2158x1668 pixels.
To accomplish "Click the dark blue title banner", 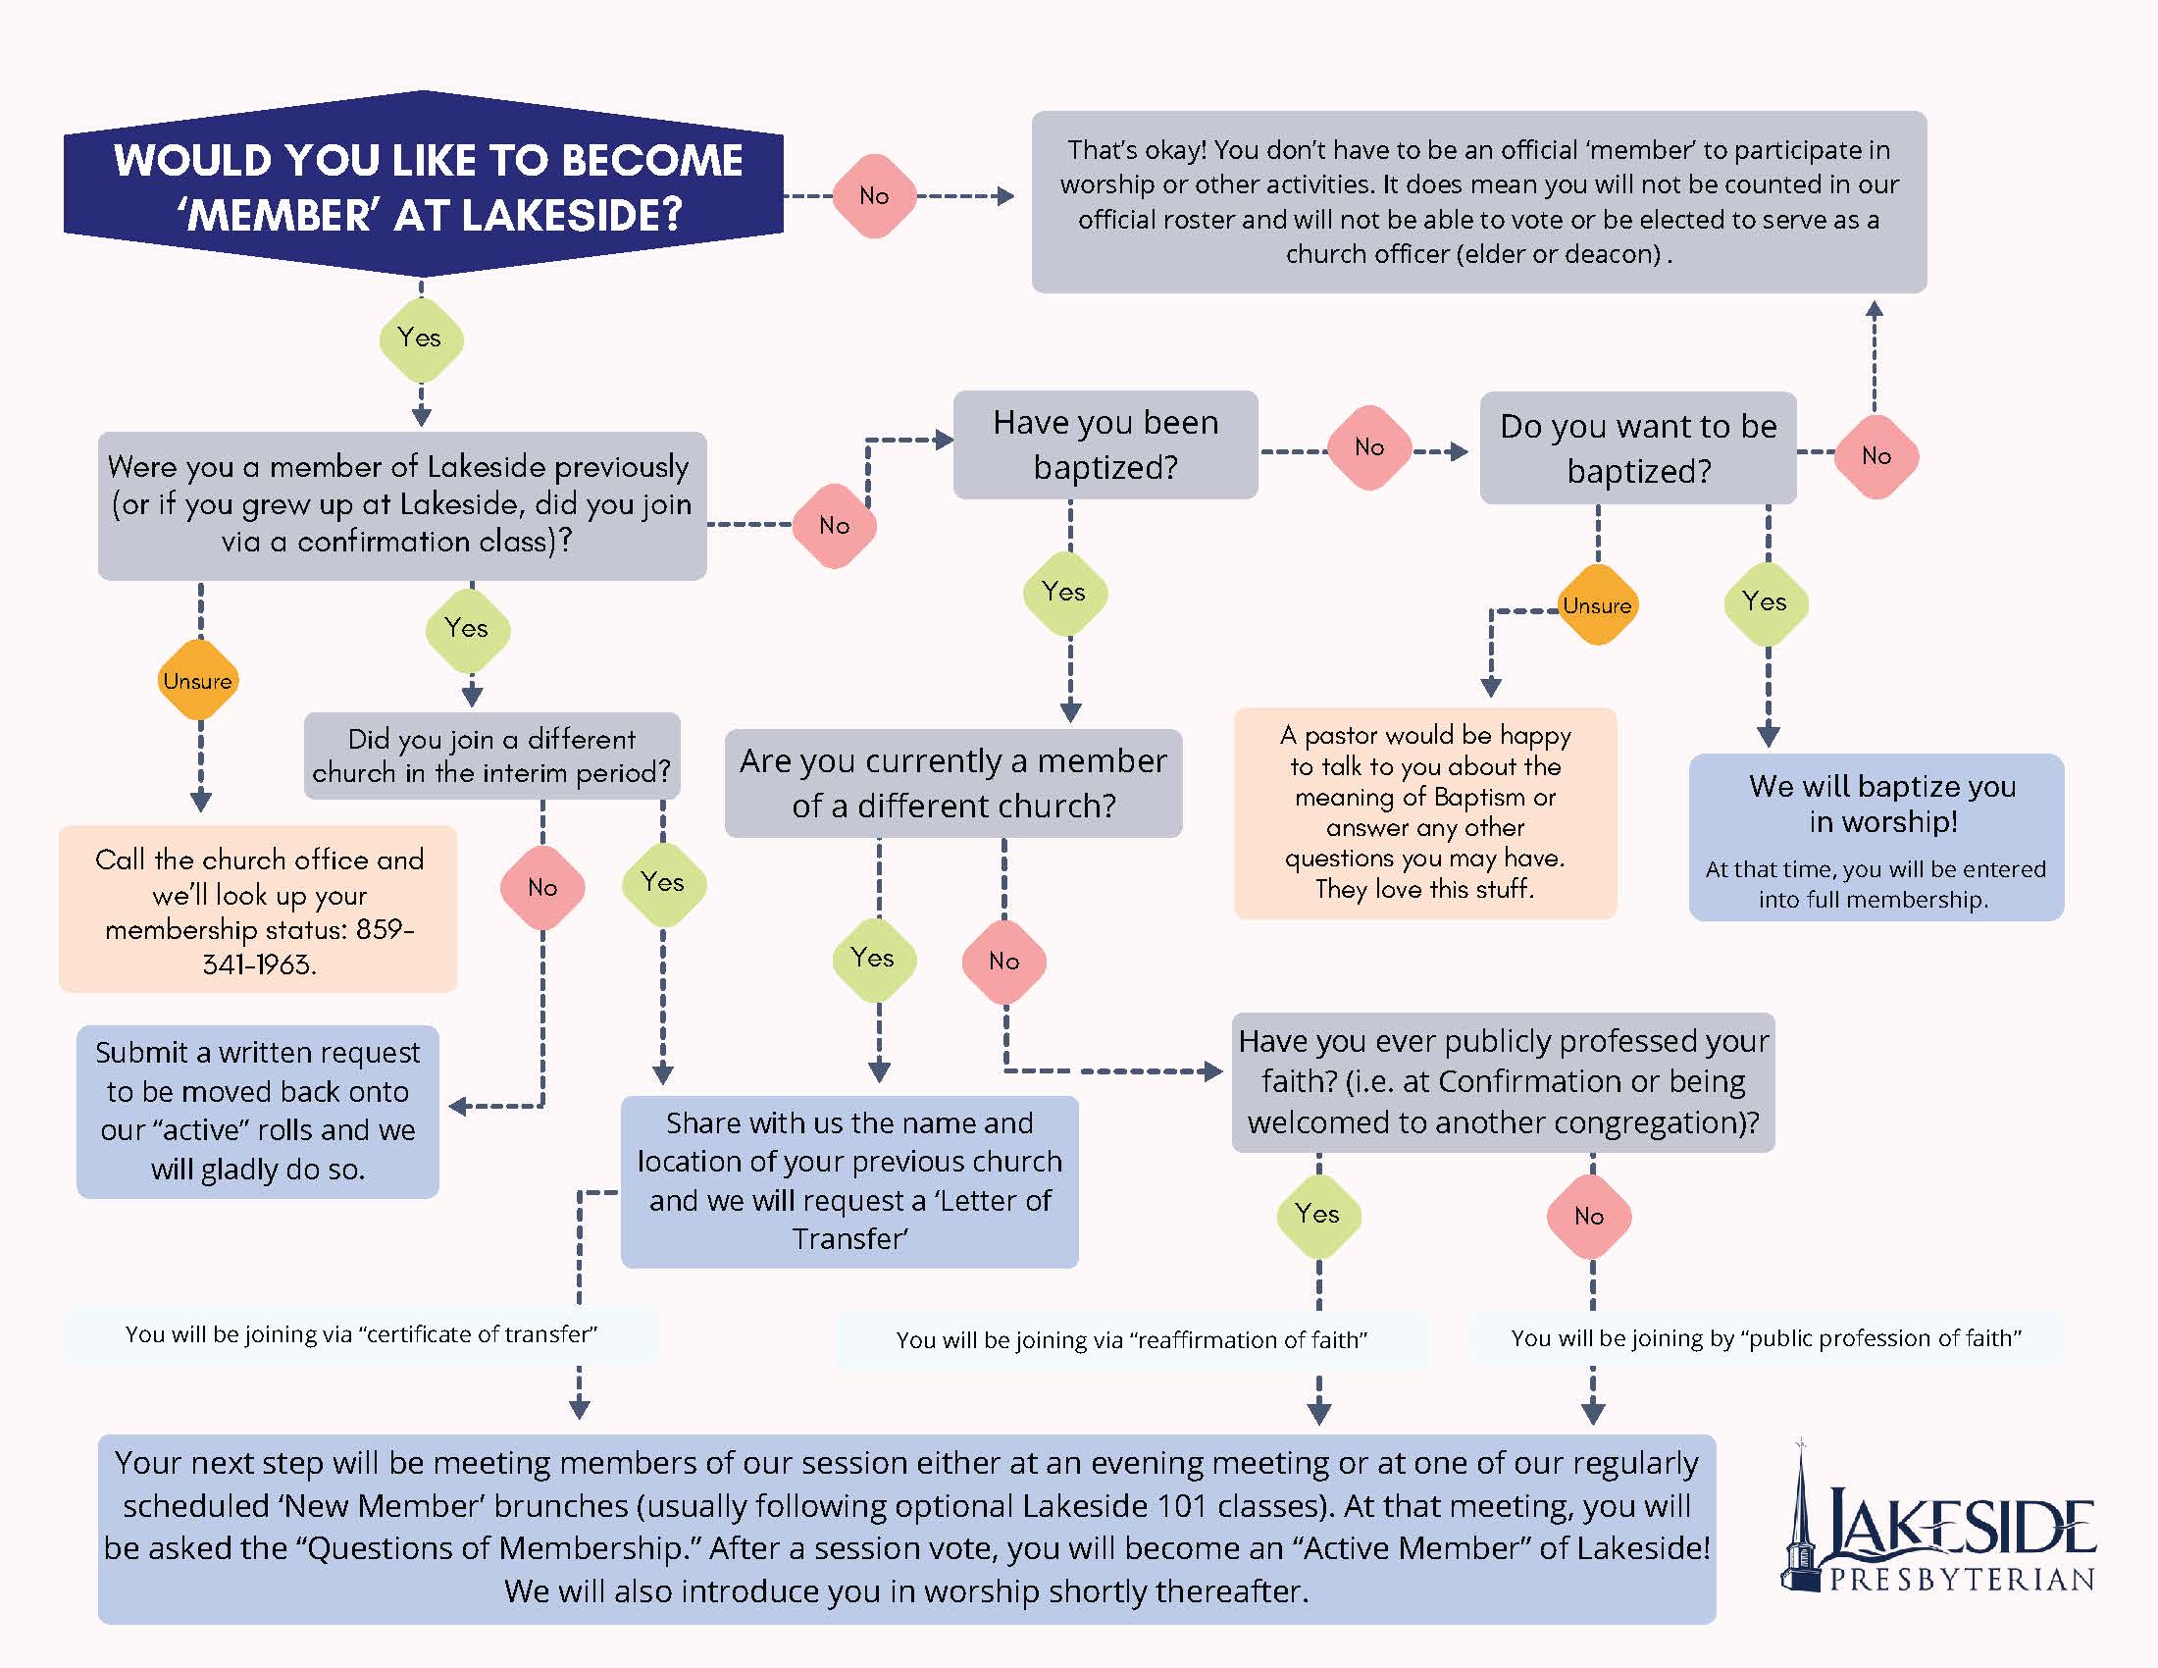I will pyautogui.click(x=423, y=185).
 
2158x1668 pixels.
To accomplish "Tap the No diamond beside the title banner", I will pyautogui.click(x=873, y=195).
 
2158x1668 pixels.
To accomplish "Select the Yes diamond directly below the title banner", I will pyautogui.click(x=421, y=339).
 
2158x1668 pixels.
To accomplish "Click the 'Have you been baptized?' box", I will pyautogui.click(x=1105, y=444).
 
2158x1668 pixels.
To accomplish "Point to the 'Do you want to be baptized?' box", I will pyautogui.click(x=1637, y=448).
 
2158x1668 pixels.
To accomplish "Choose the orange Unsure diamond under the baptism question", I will pyautogui.click(x=1597, y=604).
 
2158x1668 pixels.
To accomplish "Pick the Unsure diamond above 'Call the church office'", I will pyautogui.click(x=198, y=680).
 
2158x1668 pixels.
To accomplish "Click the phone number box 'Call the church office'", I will pyautogui.click(x=258, y=910).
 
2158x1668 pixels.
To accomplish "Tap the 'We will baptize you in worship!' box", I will pyautogui.click(x=1875, y=838).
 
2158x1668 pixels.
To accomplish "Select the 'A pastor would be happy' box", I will pyautogui.click(x=1425, y=812).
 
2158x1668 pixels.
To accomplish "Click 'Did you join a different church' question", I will pyautogui.click(x=492, y=755).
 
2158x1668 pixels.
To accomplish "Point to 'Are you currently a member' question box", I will pyautogui.click(x=952, y=784).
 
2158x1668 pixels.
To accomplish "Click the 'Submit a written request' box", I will pyautogui.click(x=258, y=1111).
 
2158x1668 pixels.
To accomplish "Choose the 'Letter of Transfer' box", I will pyautogui.click(x=848, y=1180).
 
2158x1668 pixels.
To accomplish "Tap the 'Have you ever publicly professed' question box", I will pyautogui.click(x=1502, y=1082).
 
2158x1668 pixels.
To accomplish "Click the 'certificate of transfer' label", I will pyautogui.click(x=361, y=1335).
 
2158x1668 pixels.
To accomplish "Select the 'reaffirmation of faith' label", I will pyautogui.click(x=1131, y=1340).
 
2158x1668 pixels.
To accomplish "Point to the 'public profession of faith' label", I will pyautogui.click(x=1766, y=1338).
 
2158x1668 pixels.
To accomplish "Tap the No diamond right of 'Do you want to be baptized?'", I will pyautogui.click(x=1875, y=456).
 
